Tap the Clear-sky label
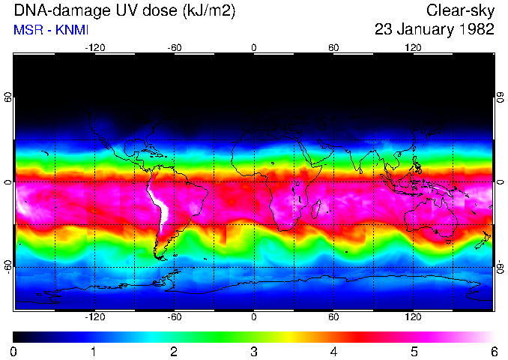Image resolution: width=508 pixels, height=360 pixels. (460, 10)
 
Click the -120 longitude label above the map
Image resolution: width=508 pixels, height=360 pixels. (94, 47)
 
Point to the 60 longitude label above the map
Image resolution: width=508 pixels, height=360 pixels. (333, 47)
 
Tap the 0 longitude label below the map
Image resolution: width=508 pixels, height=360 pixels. (254, 318)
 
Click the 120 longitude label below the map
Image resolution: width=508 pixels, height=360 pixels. (414, 318)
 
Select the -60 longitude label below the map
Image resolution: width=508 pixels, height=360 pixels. (175, 318)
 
